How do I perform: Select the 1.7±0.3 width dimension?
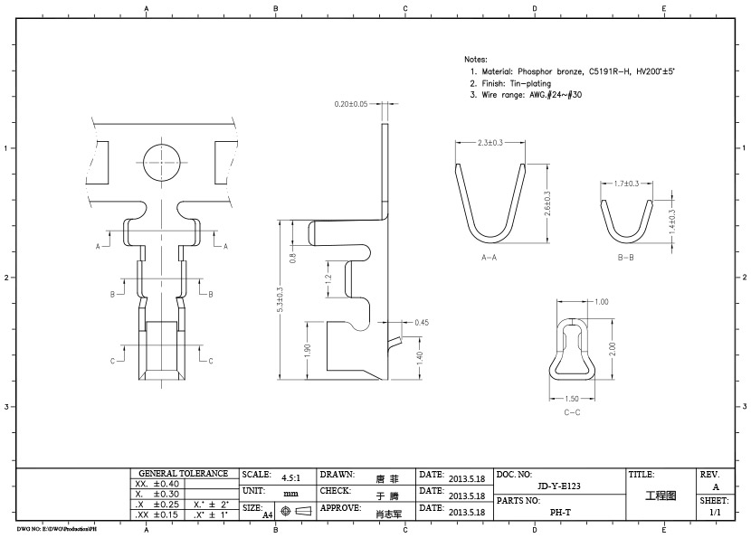pos(626,184)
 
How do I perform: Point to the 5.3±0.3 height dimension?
pos(280,299)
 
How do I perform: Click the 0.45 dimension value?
pos(421,323)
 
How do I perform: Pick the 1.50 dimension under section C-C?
pos(573,398)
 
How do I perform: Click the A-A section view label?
pos(490,258)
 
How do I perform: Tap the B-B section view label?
pos(625,258)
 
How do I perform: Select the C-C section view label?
pos(572,412)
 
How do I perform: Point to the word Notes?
pos(475,58)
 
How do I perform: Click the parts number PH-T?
pos(559,512)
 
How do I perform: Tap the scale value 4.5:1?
pos(291,477)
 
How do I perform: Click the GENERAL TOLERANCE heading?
pos(183,473)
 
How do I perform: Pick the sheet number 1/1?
pos(716,512)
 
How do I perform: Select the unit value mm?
pos(290,494)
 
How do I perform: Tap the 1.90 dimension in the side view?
pos(308,349)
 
